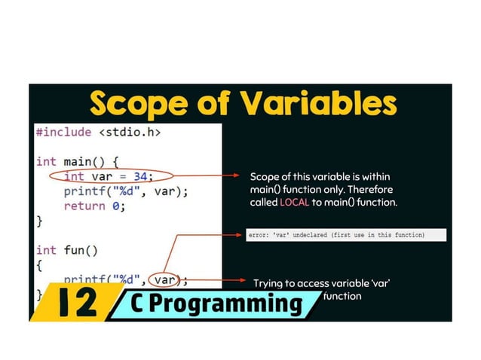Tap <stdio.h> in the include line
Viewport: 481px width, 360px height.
pyautogui.click(x=130, y=133)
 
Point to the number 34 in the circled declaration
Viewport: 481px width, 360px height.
pyautogui.click(x=138, y=176)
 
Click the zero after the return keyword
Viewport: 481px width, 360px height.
pyautogui.click(x=118, y=205)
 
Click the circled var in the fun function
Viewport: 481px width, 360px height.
pyautogui.click(x=165, y=279)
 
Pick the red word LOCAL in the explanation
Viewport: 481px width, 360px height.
pyautogui.click(x=294, y=203)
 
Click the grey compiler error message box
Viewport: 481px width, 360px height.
pyautogui.click(x=346, y=235)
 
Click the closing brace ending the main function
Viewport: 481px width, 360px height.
pyautogui.click(x=39, y=220)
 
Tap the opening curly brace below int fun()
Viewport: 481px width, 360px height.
pyautogui.click(x=39, y=264)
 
